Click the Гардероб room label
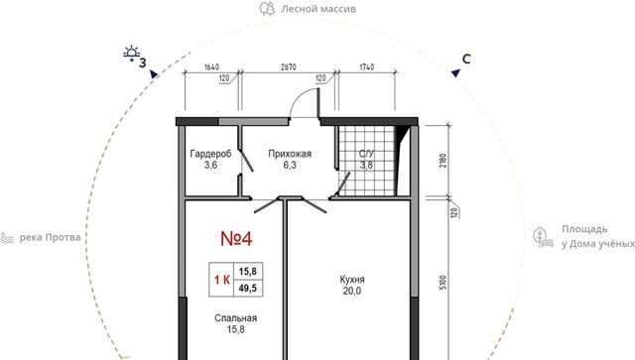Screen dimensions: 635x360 [210, 154]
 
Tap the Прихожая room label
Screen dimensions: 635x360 [290, 154]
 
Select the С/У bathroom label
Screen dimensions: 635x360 [366, 154]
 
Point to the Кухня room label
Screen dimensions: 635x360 [352, 280]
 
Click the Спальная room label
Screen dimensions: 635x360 [236, 318]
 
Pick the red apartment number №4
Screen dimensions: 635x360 [236, 239]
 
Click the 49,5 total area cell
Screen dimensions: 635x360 [247, 289]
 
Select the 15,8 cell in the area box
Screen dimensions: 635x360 [247, 272]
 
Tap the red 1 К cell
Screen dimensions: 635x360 [222, 280]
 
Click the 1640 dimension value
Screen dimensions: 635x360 [211, 66]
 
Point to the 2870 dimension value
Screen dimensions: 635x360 [289, 66]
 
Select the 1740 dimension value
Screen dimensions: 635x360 [367, 66]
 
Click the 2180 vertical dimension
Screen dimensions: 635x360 [444, 162]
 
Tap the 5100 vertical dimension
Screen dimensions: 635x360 [444, 283]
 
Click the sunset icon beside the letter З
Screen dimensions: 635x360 [132, 54]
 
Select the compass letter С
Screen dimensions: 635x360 [466, 60]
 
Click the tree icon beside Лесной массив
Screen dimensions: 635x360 [267, 9]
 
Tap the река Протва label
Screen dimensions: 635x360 [50, 237]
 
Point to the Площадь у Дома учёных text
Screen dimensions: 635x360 [597, 236]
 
